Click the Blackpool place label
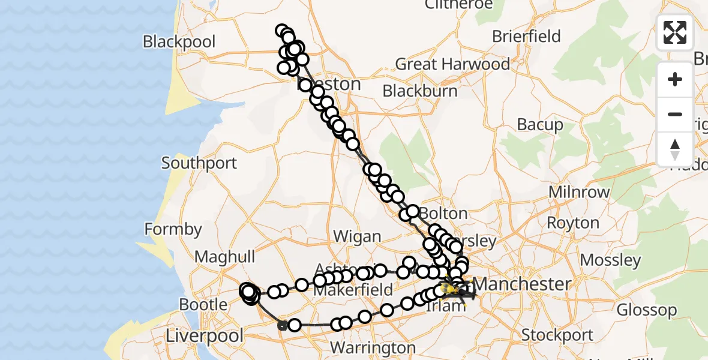[x=179, y=42]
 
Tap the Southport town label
[x=199, y=163]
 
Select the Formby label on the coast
[x=173, y=229]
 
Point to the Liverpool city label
[x=205, y=335]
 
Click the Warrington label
[x=373, y=348]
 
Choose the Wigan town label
[x=357, y=236]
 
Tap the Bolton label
[x=443, y=214]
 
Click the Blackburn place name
[x=420, y=91]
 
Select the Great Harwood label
[x=452, y=64]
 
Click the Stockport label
[x=557, y=335]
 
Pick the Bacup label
[x=540, y=125]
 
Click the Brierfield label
[x=526, y=36]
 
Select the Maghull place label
[x=225, y=257]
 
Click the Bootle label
[x=203, y=304]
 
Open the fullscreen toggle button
[x=675, y=32]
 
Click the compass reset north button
[x=675, y=149]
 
